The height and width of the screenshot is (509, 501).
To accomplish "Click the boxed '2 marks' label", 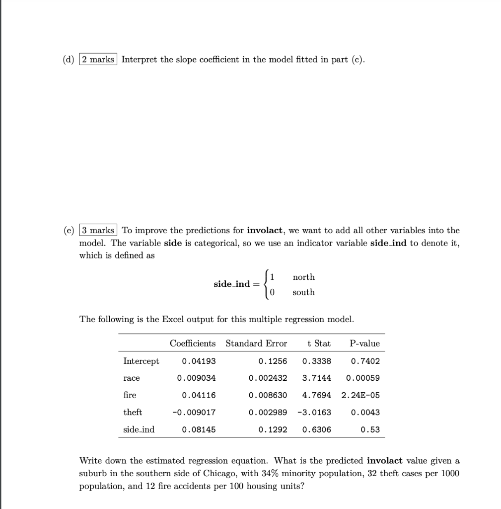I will click(x=97, y=60).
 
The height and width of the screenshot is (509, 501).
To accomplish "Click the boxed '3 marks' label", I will click(x=98, y=230).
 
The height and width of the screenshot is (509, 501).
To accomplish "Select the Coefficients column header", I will click(x=193, y=343).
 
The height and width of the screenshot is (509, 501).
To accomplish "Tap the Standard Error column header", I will click(x=256, y=343).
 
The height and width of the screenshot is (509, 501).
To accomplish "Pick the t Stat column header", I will click(x=319, y=343).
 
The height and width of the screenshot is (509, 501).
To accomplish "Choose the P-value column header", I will click(x=364, y=343).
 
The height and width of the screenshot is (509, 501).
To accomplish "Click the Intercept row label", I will click(x=141, y=361).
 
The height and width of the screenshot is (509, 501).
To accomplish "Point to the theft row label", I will click(x=133, y=412).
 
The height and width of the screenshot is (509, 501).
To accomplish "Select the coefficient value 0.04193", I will click(x=199, y=361).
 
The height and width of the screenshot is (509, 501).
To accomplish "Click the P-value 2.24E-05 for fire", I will click(x=360, y=395).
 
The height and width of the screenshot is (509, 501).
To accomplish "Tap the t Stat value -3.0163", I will click(x=314, y=413).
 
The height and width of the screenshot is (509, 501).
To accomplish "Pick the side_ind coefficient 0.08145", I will click(x=199, y=429).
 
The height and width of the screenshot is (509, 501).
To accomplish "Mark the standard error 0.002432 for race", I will click(x=268, y=378).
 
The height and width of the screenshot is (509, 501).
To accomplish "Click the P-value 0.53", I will click(x=370, y=429).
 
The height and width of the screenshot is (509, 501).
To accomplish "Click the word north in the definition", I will click(x=303, y=277).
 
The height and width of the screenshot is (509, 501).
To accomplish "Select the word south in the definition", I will click(x=303, y=292).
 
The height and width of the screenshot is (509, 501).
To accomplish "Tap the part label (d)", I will click(x=68, y=60).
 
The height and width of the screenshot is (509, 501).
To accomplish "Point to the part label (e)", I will click(x=68, y=230).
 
